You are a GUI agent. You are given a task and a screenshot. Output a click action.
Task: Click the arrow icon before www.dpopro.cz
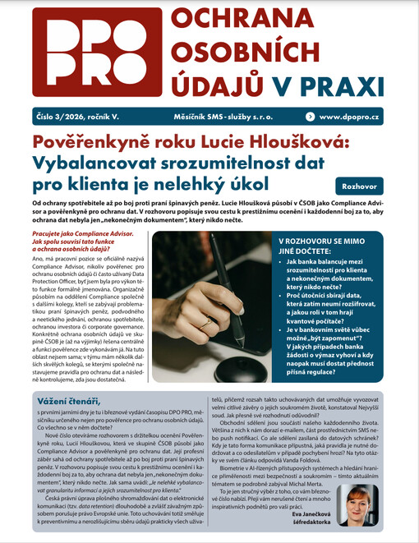[309, 117]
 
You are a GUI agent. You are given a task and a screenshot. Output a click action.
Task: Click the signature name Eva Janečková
[320, 518]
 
